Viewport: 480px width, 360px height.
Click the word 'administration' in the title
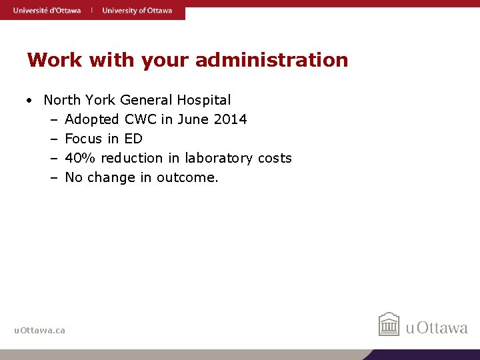(271, 60)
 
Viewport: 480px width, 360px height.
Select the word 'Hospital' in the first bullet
(204, 101)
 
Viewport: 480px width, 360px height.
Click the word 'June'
(191, 119)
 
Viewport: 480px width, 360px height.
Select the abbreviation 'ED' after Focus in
(133, 139)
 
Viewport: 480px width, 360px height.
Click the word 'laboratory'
(219, 158)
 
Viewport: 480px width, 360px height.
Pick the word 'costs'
(275, 158)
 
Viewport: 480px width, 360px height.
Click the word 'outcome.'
(187, 177)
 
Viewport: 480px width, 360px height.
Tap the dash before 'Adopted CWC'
(53, 120)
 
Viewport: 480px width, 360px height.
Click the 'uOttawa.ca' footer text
(40, 330)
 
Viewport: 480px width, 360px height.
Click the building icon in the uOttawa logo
(389, 325)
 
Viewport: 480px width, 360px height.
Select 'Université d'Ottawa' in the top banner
(47, 10)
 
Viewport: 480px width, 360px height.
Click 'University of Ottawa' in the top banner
(137, 10)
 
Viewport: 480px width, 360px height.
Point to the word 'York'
(100, 101)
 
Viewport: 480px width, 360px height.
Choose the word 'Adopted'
(92, 120)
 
